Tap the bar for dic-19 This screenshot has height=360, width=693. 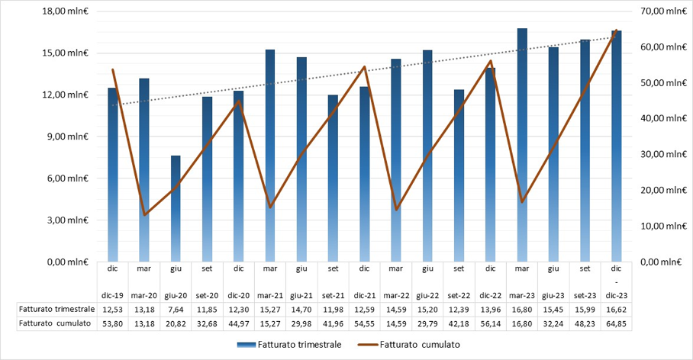pyautogui.click(x=113, y=175)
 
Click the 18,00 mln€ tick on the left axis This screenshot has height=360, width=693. pyautogui.click(x=69, y=11)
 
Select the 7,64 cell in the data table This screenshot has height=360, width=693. pyautogui.click(x=176, y=309)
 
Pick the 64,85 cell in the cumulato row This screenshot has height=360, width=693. pyautogui.click(x=617, y=323)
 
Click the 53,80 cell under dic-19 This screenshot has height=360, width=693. pyautogui.click(x=113, y=323)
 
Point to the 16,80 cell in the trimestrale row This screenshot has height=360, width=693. pyautogui.click(x=522, y=309)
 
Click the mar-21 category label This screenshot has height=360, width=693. pyautogui.click(x=270, y=294)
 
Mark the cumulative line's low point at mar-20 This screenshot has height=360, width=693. pyautogui.click(x=144, y=214)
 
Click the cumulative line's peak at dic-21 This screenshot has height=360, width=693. pyautogui.click(x=365, y=67)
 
